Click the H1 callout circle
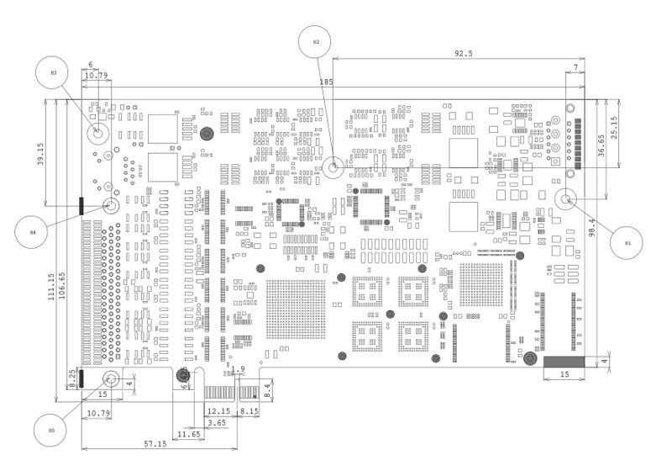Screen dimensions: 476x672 [x=627, y=242]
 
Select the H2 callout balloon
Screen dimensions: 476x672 [x=317, y=41]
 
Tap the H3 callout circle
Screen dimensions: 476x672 [x=54, y=72]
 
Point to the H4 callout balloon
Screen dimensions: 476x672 [x=33, y=230]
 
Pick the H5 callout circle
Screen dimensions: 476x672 [x=51, y=430]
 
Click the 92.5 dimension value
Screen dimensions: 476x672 [x=463, y=53]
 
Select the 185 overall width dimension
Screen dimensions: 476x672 [x=327, y=82]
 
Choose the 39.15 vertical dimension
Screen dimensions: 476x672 [x=39, y=155]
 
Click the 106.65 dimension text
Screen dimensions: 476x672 [x=62, y=285]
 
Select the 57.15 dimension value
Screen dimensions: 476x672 [x=155, y=443]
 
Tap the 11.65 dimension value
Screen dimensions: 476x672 [x=189, y=434]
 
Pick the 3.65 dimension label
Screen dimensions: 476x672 [x=216, y=422]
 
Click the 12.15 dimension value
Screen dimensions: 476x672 [x=218, y=411]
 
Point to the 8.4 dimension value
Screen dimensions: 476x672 [x=267, y=389]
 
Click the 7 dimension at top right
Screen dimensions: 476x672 [x=576, y=66]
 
